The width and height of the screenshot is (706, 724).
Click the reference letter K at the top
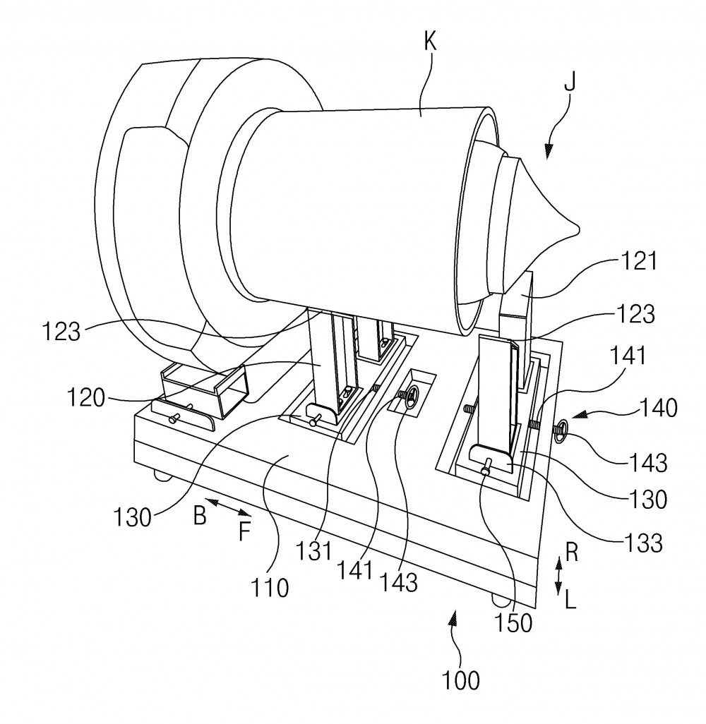click(x=430, y=42)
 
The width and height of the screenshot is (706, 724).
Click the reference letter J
click(x=570, y=83)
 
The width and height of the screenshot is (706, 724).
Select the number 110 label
click(x=270, y=588)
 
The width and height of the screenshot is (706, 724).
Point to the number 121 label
click(x=639, y=261)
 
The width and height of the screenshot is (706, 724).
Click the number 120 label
click(x=86, y=397)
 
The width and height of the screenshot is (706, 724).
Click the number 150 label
click(x=513, y=623)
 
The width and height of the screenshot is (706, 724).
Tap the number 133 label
click(x=643, y=543)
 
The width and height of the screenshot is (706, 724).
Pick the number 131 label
click(x=313, y=551)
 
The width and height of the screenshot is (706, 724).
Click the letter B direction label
click(x=200, y=516)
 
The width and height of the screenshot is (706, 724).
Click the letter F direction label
click(x=244, y=531)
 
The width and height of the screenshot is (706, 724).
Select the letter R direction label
click(x=572, y=553)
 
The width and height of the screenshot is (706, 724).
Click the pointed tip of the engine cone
click(x=578, y=228)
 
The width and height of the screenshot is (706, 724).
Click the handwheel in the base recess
click(x=409, y=396)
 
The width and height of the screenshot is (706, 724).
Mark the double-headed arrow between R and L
click(x=558, y=576)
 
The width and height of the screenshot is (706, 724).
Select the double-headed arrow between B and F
click(x=228, y=507)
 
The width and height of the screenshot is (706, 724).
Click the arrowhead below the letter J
click(x=549, y=152)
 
